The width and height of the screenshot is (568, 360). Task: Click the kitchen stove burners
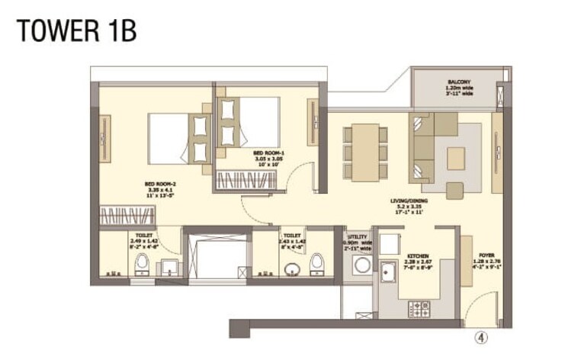[421, 309]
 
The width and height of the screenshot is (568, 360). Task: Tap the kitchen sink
[390, 272]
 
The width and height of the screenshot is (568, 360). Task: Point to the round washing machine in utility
[362, 266]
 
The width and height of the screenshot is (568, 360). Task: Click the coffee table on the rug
[456, 158]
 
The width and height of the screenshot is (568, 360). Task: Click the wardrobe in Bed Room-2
[127, 215]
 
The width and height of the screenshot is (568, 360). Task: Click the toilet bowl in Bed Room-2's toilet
[141, 264]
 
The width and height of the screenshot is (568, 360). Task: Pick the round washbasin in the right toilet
[291, 269]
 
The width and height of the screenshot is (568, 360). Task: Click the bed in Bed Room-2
[179, 138]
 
